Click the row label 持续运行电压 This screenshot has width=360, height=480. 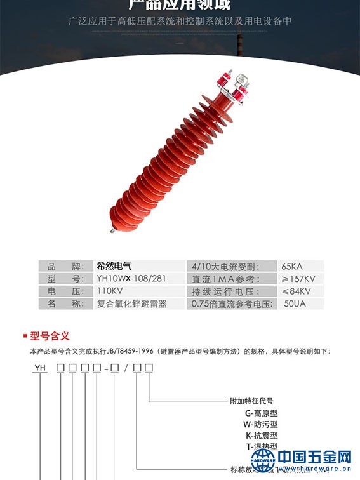click(x=228, y=291)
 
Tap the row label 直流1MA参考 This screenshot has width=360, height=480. click(x=227, y=279)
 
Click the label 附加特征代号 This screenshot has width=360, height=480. click(x=251, y=401)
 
